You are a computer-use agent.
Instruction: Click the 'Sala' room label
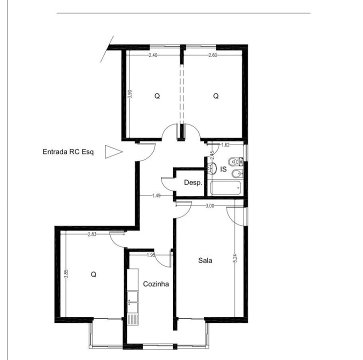pyautogui.click(x=205, y=260)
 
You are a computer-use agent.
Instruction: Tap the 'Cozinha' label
pyautogui.click(x=156, y=284)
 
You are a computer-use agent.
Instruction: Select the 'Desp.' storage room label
pyautogui.click(x=193, y=182)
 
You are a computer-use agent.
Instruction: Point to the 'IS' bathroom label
pyautogui.click(x=223, y=169)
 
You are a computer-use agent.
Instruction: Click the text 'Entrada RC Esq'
pyautogui.click(x=68, y=152)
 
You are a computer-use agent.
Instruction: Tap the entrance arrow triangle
pyautogui.click(x=113, y=152)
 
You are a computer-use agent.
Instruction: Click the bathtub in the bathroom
pyautogui.click(x=225, y=188)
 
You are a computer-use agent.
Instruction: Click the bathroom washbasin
pyautogui.click(x=212, y=168)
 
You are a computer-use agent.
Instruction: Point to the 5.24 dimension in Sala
pyautogui.click(x=235, y=258)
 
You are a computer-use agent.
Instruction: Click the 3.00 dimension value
pyautogui.click(x=209, y=206)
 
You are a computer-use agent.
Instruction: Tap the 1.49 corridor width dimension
pyautogui.click(x=156, y=195)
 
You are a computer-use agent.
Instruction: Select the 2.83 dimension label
pyautogui.click(x=92, y=234)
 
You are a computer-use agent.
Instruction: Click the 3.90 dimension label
pyautogui.click(x=130, y=94)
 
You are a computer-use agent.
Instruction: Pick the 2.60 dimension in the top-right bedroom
pyautogui.click(x=213, y=55)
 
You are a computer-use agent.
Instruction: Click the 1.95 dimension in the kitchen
pyautogui.click(x=151, y=255)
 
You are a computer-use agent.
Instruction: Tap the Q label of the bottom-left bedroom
pyautogui.click(x=93, y=274)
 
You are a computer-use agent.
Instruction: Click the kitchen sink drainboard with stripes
pyautogui.click(x=132, y=319)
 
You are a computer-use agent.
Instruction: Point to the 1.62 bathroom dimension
pyautogui.click(x=225, y=145)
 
